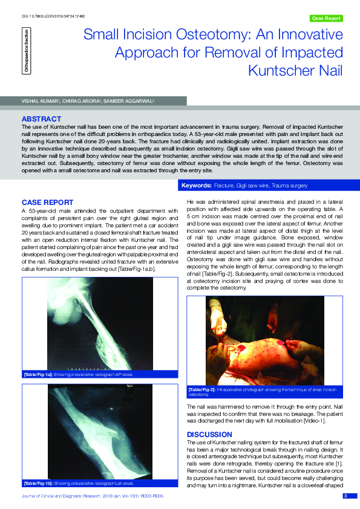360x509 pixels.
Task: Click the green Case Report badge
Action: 326,19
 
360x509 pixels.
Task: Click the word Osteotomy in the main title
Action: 218,34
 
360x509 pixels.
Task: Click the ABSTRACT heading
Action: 41,119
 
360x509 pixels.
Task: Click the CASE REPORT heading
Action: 47,203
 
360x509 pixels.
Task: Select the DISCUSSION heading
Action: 209,434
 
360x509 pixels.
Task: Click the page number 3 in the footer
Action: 345,496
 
